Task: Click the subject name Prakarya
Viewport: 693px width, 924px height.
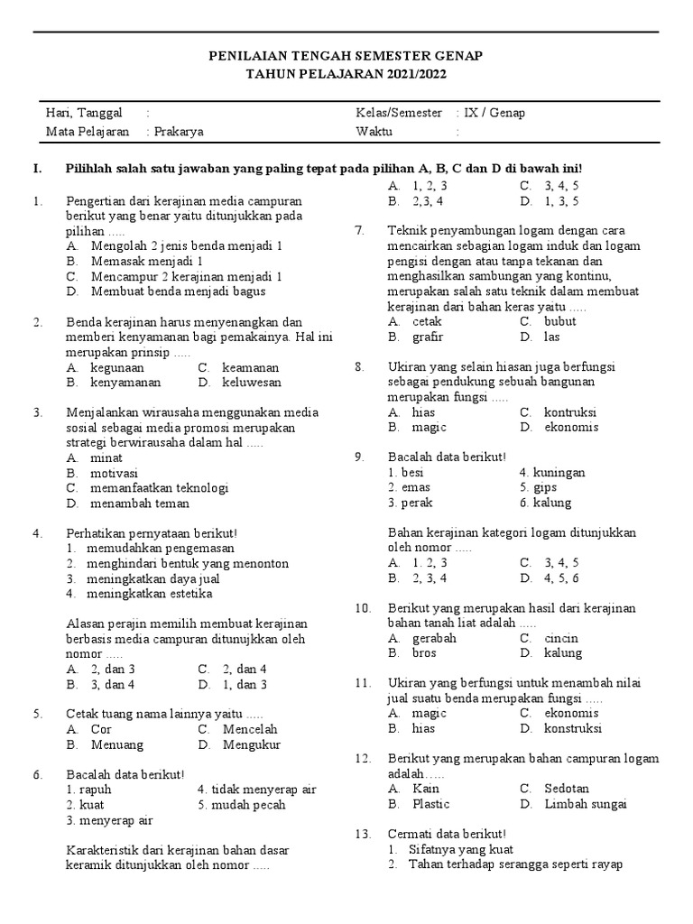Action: coord(178,131)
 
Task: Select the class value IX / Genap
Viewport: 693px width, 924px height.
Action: coord(494,113)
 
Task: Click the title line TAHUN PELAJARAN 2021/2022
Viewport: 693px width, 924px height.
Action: coord(346,74)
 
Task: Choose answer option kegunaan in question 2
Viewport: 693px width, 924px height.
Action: coord(117,367)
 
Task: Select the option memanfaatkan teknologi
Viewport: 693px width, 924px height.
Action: coord(159,487)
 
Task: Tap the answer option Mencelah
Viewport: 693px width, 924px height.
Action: coord(250,728)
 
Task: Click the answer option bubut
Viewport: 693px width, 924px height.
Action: coord(559,320)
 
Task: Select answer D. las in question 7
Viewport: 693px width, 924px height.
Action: coord(551,337)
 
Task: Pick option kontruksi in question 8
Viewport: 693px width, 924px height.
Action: coord(570,411)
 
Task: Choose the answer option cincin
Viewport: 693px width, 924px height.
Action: coord(561,637)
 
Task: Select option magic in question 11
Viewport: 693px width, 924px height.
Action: coord(430,712)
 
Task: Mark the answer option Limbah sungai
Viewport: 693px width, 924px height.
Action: coord(585,803)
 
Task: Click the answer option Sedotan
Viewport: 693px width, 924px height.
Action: coord(567,788)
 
